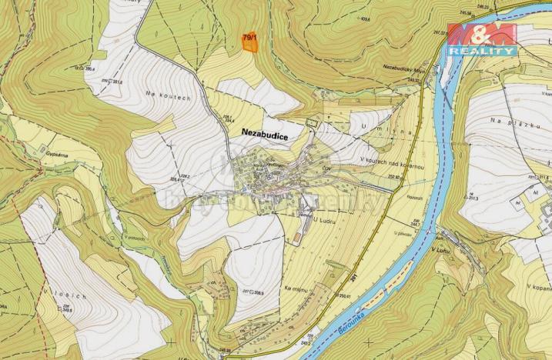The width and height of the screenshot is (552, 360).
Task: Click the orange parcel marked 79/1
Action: [x=249, y=42]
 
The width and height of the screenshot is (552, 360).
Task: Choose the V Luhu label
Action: [x=440, y=249]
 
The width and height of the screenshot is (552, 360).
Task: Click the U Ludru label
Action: [x=305, y=218]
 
